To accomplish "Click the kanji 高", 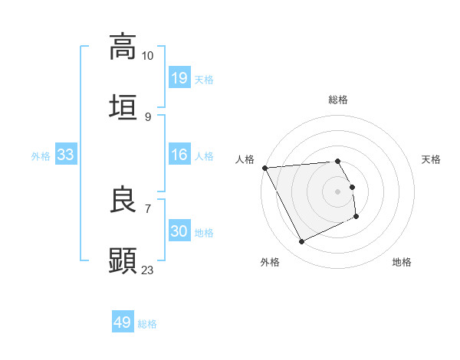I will pos(123,47).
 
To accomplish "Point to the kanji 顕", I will pos(123,260).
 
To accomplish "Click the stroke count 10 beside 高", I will pos(147,56).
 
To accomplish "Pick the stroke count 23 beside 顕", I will pos(147,270).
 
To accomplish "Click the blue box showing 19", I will pos(179,78).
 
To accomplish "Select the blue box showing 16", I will pos(179,155).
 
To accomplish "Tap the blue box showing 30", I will pos(179,231).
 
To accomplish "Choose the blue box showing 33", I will pos(65,155).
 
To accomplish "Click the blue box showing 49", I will pos(122,322).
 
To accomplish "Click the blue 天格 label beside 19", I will pos(204,79).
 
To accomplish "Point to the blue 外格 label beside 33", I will pos(41,155).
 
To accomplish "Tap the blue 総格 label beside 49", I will pos(147,323).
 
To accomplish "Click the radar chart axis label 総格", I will pos(338,100).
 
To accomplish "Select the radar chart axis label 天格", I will pos(431,159).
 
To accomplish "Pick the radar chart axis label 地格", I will pos(402,262).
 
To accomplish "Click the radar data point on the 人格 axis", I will pos(264,168).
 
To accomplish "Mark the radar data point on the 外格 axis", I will pos(301,242).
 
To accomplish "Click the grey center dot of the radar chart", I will pos(338,191).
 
